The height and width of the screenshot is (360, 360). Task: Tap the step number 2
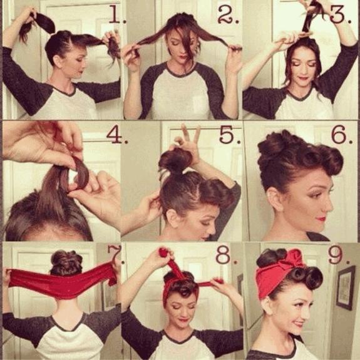pos(228,14)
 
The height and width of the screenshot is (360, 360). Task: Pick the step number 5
pos(229,134)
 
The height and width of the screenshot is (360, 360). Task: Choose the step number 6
pos(342,134)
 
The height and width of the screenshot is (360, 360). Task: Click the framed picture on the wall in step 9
pos(345,287)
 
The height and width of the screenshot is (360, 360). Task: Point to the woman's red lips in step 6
pos(321,219)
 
